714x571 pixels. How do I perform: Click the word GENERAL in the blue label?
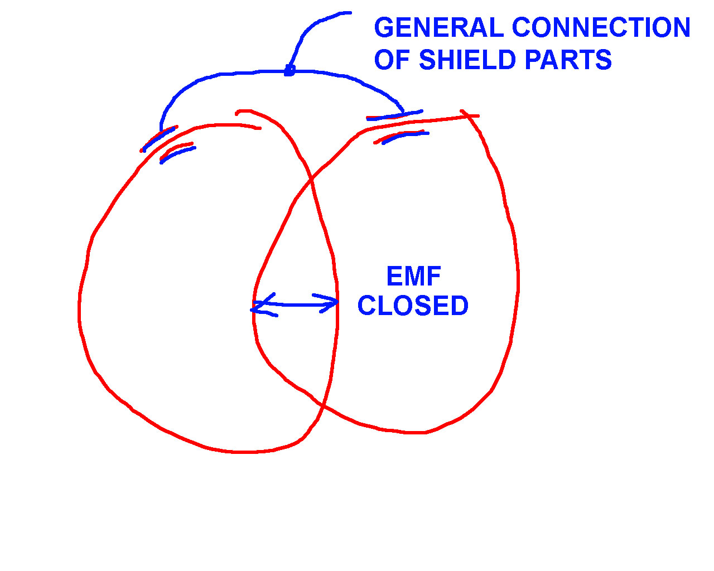pos(438,27)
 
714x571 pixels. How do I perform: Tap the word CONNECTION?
pos(601,27)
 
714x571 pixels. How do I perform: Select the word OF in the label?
pos(393,60)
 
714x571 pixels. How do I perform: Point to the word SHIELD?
pos(467,60)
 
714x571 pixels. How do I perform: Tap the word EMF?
pos(414,276)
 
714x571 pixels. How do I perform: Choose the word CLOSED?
pos(413,306)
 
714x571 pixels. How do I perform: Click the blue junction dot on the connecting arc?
pos(290,71)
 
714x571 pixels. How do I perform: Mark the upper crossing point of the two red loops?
pos(311,180)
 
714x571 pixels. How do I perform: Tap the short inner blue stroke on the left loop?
pos(177,154)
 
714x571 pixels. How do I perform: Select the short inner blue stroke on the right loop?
pos(405,136)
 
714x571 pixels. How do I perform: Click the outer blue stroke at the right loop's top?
pos(395,115)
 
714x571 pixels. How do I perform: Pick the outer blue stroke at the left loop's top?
pos(158,139)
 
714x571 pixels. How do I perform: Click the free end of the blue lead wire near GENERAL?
pos(350,13)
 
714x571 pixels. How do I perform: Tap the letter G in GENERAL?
pos(384,27)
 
